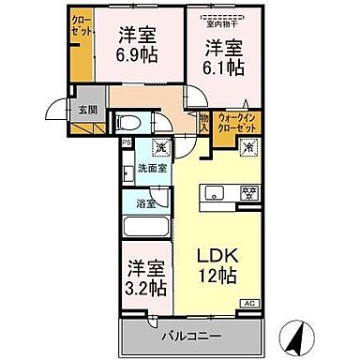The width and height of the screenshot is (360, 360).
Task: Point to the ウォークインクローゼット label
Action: pyautogui.click(x=234, y=123)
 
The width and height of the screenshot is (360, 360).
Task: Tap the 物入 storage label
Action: pyautogui.click(x=204, y=122)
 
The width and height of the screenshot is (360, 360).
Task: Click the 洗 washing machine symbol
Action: pyautogui.click(x=161, y=147)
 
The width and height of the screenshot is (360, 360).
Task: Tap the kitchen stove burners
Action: pyautogui.click(x=250, y=194)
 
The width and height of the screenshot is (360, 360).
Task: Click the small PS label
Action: pyautogui.click(x=127, y=142)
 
